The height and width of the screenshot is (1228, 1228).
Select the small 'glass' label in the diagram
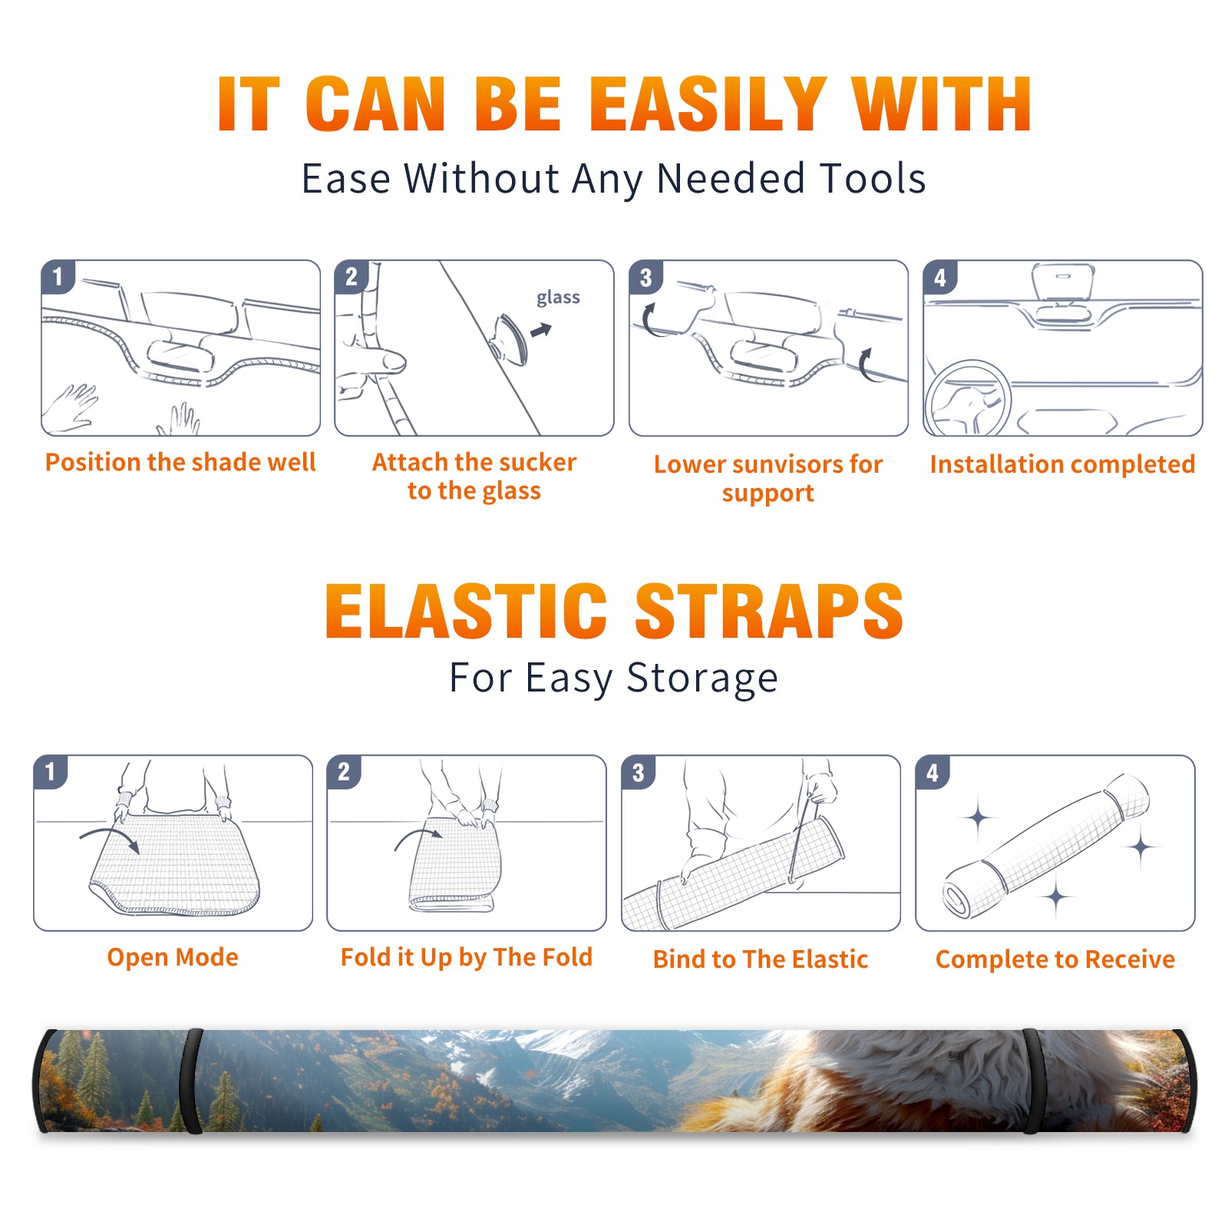(558, 297)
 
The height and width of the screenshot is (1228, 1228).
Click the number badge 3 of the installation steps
(645, 277)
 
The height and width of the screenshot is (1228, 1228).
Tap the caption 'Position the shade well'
(180, 462)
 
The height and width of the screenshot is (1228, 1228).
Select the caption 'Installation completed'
(1062, 464)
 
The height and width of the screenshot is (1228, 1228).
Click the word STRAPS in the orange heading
(769, 611)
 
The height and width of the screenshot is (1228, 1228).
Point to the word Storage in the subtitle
(702, 678)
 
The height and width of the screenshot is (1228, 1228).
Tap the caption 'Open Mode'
(173, 957)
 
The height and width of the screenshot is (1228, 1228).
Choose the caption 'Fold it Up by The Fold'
(467, 957)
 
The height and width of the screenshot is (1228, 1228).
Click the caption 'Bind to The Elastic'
(761, 959)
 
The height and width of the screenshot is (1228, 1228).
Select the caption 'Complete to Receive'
(1055, 959)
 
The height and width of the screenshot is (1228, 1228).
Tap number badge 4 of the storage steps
(932, 772)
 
